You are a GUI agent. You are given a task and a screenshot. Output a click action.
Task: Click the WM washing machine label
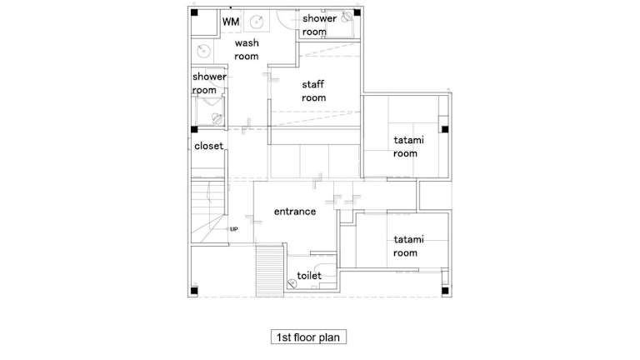click(x=231, y=22)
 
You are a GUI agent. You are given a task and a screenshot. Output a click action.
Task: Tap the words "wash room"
click(x=247, y=49)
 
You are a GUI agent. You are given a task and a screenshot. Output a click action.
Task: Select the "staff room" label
click(x=313, y=91)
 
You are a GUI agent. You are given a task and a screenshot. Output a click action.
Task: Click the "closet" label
click(x=208, y=146)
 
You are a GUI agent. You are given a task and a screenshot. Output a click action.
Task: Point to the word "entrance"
click(x=295, y=212)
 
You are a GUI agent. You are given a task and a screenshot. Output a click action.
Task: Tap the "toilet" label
click(x=309, y=276)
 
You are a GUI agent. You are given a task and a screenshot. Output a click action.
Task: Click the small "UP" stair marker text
click(x=233, y=229)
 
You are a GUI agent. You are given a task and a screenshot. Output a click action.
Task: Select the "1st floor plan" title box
click(x=308, y=337)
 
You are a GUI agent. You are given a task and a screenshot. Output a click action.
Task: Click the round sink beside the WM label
click(x=257, y=22)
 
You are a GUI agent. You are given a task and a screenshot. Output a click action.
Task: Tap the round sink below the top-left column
click(x=203, y=51)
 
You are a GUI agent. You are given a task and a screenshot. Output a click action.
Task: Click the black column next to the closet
click(x=194, y=129)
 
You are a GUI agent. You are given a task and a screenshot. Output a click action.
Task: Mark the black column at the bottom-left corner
click(x=194, y=291)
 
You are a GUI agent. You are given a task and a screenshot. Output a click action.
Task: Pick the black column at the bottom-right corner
click(x=445, y=291)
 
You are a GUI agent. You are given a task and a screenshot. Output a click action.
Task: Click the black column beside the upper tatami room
click(x=445, y=129)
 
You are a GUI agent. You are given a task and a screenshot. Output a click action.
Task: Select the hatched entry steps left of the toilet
click(x=269, y=271)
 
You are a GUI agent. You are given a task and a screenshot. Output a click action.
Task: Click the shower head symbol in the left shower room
click(x=217, y=119)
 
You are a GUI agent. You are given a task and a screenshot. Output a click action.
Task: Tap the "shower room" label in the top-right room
click(x=319, y=25)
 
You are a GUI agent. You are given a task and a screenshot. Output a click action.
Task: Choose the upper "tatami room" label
click(x=408, y=147)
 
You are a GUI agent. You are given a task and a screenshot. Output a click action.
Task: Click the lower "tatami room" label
click(x=408, y=246)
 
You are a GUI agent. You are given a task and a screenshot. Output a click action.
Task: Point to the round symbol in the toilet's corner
click(x=292, y=282)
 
